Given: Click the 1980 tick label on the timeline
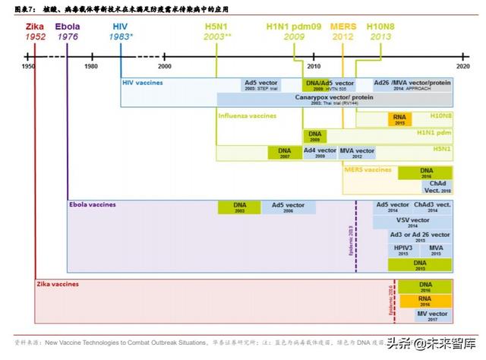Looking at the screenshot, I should click(91, 66).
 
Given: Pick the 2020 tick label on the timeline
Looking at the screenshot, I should click(462, 66).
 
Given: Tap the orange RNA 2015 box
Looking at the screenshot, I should click(399, 118).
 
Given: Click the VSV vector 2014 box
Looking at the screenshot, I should click(412, 222).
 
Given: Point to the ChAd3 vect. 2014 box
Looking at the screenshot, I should click(433, 207).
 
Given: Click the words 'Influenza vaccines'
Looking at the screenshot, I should click(248, 116).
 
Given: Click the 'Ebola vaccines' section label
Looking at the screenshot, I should click(93, 205).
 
